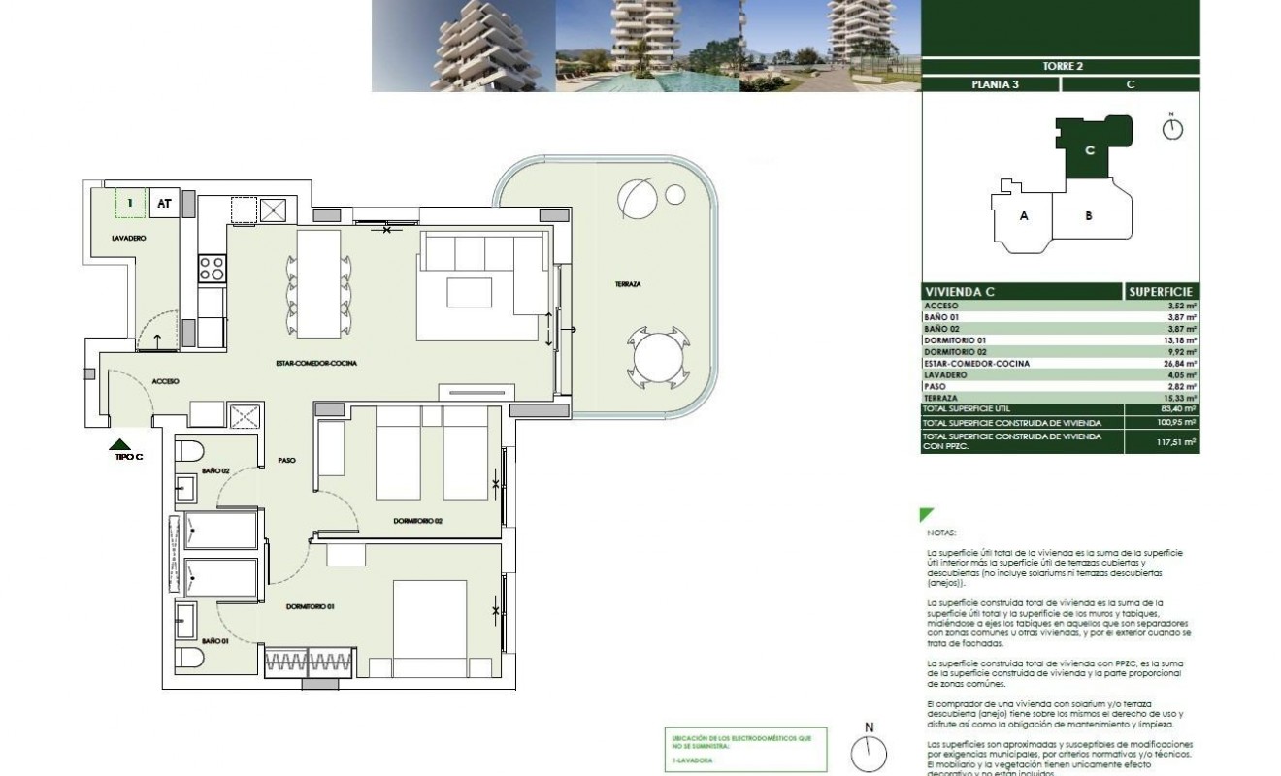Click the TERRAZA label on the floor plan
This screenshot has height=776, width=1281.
pyautogui.click(x=627, y=284)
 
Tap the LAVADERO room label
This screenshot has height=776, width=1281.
pyautogui.click(x=128, y=238)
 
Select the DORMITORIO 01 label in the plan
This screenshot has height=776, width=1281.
pyautogui.click(x=310, y=607)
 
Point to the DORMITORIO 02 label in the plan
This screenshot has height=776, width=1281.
pyautogui.click(x=417, y=521)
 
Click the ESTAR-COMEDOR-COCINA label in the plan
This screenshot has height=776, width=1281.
pyautogui.click(x=315, y=363)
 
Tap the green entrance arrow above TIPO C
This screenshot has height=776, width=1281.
pyautogui.click(x=119, y=444)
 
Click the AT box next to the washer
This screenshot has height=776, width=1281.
pyautogui.click(x=164, y=204)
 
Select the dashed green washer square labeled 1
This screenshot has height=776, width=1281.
pyautogui.click(x=129, y=203)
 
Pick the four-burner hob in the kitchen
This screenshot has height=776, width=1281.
pyautogui.click(x=212, y=269)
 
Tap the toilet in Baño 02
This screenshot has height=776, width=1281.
pyautogui.click(x=188, y=452)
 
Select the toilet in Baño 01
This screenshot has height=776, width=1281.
pyautogui.click(x=188, y=658)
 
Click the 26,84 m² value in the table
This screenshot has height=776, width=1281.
pyautogui.click(x=1181, y=364)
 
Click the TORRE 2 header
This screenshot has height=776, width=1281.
pyautogui.click(x=1060, y=66)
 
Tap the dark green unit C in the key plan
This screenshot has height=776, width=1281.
pyautogui.click(x=1091, y=150)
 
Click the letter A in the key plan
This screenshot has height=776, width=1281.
pyautogui.click(x=1023, y=216)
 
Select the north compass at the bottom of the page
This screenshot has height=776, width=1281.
pyautogui.click(x=870, y=753)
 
